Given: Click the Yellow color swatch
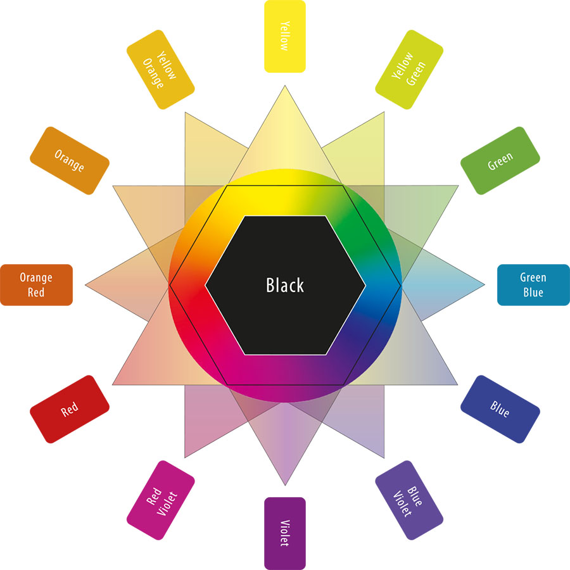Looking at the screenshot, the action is coord(284,36).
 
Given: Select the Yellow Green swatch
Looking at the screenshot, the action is coord(409,70).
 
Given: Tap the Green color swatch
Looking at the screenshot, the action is coord(500,161).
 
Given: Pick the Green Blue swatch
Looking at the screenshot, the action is coord(533,284).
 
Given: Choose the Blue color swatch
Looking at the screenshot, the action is coord(500,409).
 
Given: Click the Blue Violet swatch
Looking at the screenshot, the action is coord(409,500).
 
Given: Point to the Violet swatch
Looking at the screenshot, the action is coord(284,533).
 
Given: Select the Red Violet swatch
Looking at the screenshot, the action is coord(161,500).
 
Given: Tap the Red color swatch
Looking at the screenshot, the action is coord(70,409).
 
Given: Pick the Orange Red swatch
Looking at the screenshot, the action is coord(36,284).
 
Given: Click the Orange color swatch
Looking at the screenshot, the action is coord(70,161).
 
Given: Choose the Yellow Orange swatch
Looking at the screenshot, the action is coord(161,70).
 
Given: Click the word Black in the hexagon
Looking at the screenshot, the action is coord(284,285).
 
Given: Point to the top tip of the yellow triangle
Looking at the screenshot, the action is coord(285,85).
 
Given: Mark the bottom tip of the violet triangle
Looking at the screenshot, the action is coord(285,485).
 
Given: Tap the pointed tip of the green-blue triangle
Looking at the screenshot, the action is coord(484,285).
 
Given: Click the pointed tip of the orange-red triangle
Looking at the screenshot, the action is coord(85,285).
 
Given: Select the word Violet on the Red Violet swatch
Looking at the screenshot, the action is coord(167,504).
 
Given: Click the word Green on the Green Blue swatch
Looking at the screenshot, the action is coord(533,278).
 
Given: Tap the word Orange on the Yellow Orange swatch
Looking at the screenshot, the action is coord(153,73).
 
